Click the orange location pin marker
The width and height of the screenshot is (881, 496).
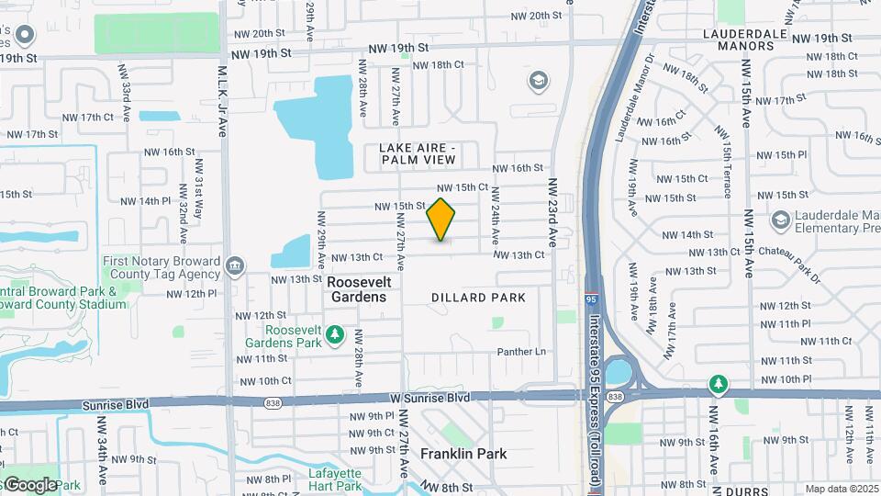[x=441, y=220]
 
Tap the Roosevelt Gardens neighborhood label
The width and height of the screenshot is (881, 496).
[x=357, y=289]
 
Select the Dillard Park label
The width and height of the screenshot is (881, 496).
[x=478, y=298]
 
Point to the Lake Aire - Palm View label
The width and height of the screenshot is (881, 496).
[x=418, y=153]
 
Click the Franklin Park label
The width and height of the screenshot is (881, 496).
[x=463, y=454]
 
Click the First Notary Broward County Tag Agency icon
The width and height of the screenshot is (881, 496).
[x=235, y=267]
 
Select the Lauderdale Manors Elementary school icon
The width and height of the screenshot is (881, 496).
[x=780, y=220]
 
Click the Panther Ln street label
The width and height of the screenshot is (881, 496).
[x=521, y=352]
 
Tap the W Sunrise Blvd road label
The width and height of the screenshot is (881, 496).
[x=429, y=398]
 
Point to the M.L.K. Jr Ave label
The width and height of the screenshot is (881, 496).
[x=222, y=101]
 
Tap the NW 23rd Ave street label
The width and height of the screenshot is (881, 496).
[x=553, y=213]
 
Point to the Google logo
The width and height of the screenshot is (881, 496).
[x=28, y=484]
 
